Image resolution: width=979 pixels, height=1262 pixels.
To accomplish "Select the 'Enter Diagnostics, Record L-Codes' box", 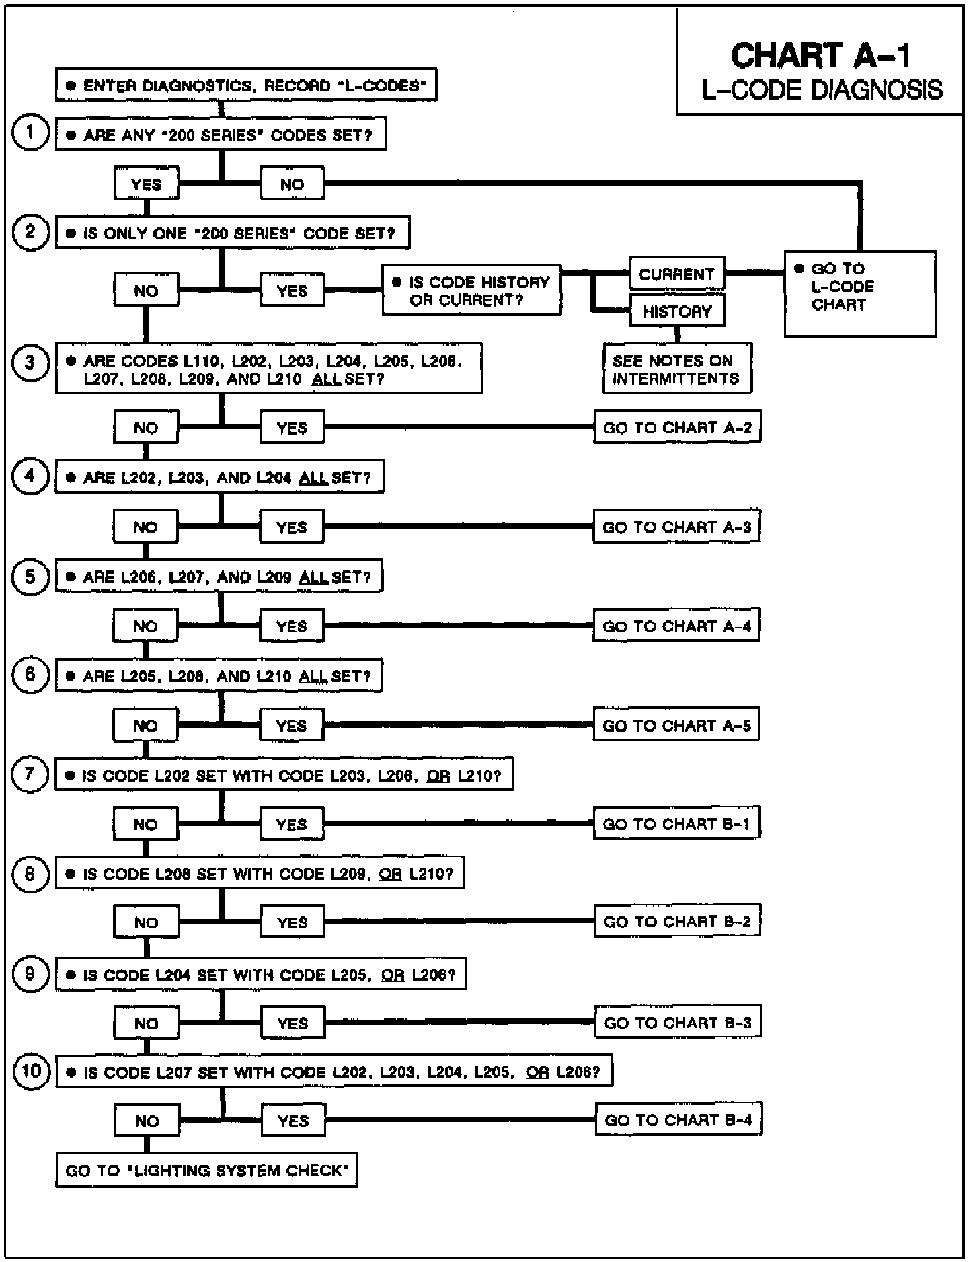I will (246, 85).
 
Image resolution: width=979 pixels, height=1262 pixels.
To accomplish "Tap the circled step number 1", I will (30, 132).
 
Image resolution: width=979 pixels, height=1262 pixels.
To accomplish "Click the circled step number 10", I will (32, 1070).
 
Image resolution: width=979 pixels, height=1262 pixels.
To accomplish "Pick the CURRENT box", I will (676, 274).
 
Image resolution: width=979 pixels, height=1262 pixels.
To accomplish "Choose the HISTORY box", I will (676, 311).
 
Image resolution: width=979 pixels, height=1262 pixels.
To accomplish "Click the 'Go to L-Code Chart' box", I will (859, 293).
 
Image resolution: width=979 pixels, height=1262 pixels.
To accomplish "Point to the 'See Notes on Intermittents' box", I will (677, 369).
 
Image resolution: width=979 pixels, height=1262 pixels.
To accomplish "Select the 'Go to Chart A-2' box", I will (677, 428).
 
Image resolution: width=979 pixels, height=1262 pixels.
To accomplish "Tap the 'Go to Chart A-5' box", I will (676, 726).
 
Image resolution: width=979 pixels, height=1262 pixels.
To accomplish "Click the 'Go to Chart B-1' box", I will (676, 824).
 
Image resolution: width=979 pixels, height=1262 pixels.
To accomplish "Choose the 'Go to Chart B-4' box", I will (678, 1120).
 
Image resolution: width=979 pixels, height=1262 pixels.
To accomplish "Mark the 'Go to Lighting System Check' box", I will (206, 1171).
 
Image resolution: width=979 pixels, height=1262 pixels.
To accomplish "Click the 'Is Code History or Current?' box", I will (471, 291).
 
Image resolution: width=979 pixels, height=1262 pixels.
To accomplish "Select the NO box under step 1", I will (292, 184).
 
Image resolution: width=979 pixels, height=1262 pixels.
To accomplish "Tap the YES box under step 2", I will (292, 291).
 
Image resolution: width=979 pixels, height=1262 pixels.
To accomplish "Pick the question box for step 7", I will (284, 776).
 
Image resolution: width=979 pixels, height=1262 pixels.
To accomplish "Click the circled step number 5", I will (30, 577).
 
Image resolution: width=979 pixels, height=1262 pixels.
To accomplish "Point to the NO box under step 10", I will (147, 1121).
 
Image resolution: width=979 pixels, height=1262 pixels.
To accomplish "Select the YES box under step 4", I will (291, 527).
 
